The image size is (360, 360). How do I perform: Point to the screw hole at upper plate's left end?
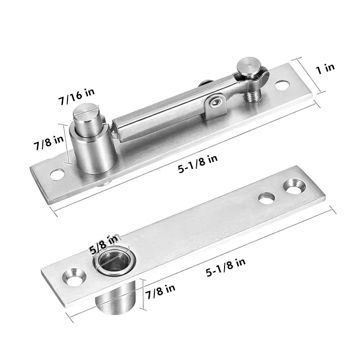point(57,173)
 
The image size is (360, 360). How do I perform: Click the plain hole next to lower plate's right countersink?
point(266,198)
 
